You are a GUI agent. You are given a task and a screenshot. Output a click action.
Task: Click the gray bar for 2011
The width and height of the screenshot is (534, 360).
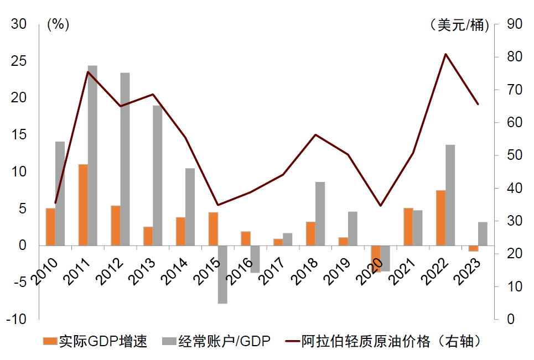(x=92, y=155)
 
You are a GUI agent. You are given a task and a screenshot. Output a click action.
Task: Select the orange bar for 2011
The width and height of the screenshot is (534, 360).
(x=83, y=205)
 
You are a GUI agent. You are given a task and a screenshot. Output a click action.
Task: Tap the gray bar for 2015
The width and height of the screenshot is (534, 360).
(x=222, y=274)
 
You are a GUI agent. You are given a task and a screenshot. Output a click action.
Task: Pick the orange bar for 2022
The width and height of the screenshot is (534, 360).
(x=440, y=218)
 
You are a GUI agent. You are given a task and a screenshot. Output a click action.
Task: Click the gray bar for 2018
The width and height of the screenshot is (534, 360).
(x=320, y=213)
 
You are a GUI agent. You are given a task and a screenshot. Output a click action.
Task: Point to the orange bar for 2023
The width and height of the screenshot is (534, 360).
(x=473, y=248)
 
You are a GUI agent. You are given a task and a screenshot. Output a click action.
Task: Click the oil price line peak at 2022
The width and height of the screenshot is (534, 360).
(x=446, y=54)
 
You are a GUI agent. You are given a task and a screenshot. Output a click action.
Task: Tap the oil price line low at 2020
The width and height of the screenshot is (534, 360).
(x=380, y=206)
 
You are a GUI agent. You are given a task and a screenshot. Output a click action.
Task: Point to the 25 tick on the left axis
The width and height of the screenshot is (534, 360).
(x=18, y=61)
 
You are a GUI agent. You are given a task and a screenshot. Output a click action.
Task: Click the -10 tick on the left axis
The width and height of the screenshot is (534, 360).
(x=15, y=320)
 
